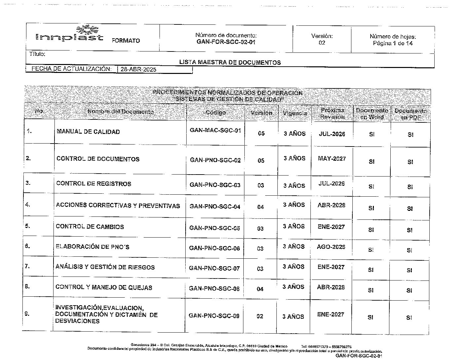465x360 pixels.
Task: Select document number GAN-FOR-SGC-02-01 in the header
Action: coord(226,42)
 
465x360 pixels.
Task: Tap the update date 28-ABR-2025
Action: coord(138,69)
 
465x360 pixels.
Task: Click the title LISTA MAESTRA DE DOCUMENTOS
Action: coord(230,62)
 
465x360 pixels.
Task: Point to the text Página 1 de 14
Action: coord(393,43)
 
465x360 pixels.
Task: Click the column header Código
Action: coord(216,113)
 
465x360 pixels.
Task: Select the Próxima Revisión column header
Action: coord(332,114)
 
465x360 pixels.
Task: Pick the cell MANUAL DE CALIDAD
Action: coord(88,132)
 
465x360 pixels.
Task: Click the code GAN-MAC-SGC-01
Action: coord(215,130)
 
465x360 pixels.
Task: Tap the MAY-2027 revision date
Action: coord(332,158)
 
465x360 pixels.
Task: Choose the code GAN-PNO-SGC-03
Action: coord(215,185)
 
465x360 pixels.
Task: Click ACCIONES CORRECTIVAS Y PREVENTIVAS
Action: coord(118,206)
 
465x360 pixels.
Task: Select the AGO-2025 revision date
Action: coord(331,246)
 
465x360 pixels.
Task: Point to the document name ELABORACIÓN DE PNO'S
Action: coord(92,246)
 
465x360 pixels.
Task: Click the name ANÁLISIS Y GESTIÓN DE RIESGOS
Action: coord(105,267)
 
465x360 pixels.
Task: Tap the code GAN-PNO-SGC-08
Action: coord(214,288)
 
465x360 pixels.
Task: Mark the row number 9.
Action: coord(27,314)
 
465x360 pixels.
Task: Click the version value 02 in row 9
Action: coord(260,316)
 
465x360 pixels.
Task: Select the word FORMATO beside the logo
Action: coord(126,41)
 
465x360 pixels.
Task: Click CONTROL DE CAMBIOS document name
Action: coord(90,227)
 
